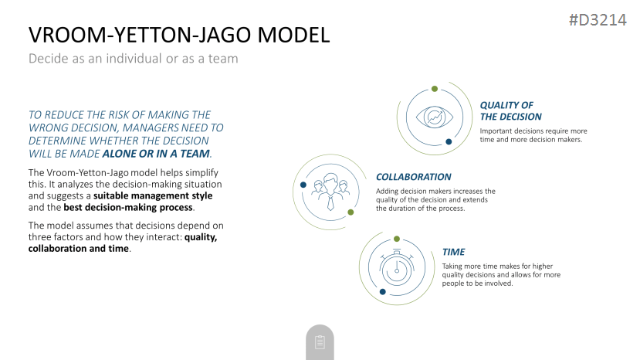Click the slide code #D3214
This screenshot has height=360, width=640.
(x=598, y=19)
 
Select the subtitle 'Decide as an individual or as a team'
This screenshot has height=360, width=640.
(x=133, y=59)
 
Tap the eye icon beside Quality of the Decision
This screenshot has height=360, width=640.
(x=435, y=117)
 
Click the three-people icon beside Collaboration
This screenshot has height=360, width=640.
(x=330, y=192)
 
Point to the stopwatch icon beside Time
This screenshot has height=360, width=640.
(x=396, y=267)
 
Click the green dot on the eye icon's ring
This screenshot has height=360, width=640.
(x=435, y=89)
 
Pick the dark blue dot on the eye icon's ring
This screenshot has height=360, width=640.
(x=449, y=142)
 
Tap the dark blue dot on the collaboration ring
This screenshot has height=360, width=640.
(x=303, y=185)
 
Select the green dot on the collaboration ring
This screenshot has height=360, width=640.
(x=350, y=212)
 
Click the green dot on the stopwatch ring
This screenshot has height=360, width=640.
(x=397, y=239)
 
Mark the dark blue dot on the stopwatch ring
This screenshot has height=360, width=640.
(x=382, y=292)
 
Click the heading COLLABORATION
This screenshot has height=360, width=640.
(x=414, y=177)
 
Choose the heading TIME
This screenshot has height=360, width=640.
(x=453, y=252)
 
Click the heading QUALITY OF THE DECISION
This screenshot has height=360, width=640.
(x=510, y=111)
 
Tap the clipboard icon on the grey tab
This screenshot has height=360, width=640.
(x=320, y=342)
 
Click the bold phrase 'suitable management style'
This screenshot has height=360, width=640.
(x=153, y=195)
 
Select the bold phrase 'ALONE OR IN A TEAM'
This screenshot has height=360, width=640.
(x=156, y=154)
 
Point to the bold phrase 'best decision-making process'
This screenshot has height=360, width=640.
(x=128, y=207)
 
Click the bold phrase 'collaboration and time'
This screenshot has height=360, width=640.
(x=79, y=249)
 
